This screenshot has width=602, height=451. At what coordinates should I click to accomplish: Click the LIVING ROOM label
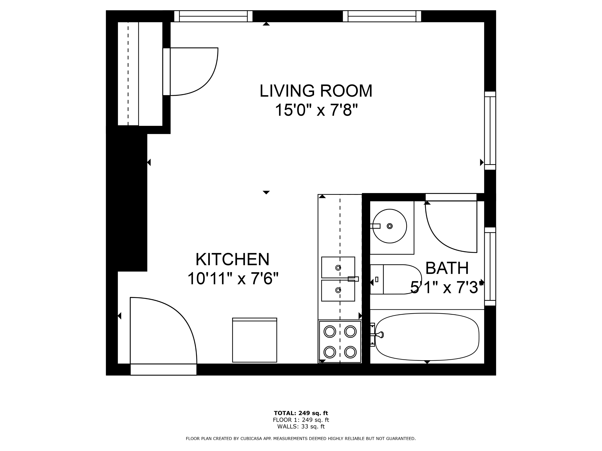(316, 91)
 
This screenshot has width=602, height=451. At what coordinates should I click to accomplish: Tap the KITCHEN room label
(232, 259)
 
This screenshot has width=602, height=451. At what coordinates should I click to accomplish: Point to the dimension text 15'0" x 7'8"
(316, 110)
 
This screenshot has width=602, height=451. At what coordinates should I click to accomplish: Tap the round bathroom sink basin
(389, 226)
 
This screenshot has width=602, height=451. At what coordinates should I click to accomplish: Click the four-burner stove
(340, 342)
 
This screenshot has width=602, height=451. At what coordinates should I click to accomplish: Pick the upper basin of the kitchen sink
(338, 268)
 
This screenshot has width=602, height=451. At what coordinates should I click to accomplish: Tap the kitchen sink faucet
(353, 279)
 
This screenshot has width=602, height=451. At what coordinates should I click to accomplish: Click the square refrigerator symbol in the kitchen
(254, 340)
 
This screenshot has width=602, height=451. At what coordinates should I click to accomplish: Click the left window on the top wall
(213, 16)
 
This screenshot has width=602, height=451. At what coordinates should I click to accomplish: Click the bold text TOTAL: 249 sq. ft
(301, 413)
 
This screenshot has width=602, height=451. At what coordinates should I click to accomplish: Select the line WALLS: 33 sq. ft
(301, 427)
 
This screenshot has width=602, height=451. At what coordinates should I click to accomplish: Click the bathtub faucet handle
(379, 335)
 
